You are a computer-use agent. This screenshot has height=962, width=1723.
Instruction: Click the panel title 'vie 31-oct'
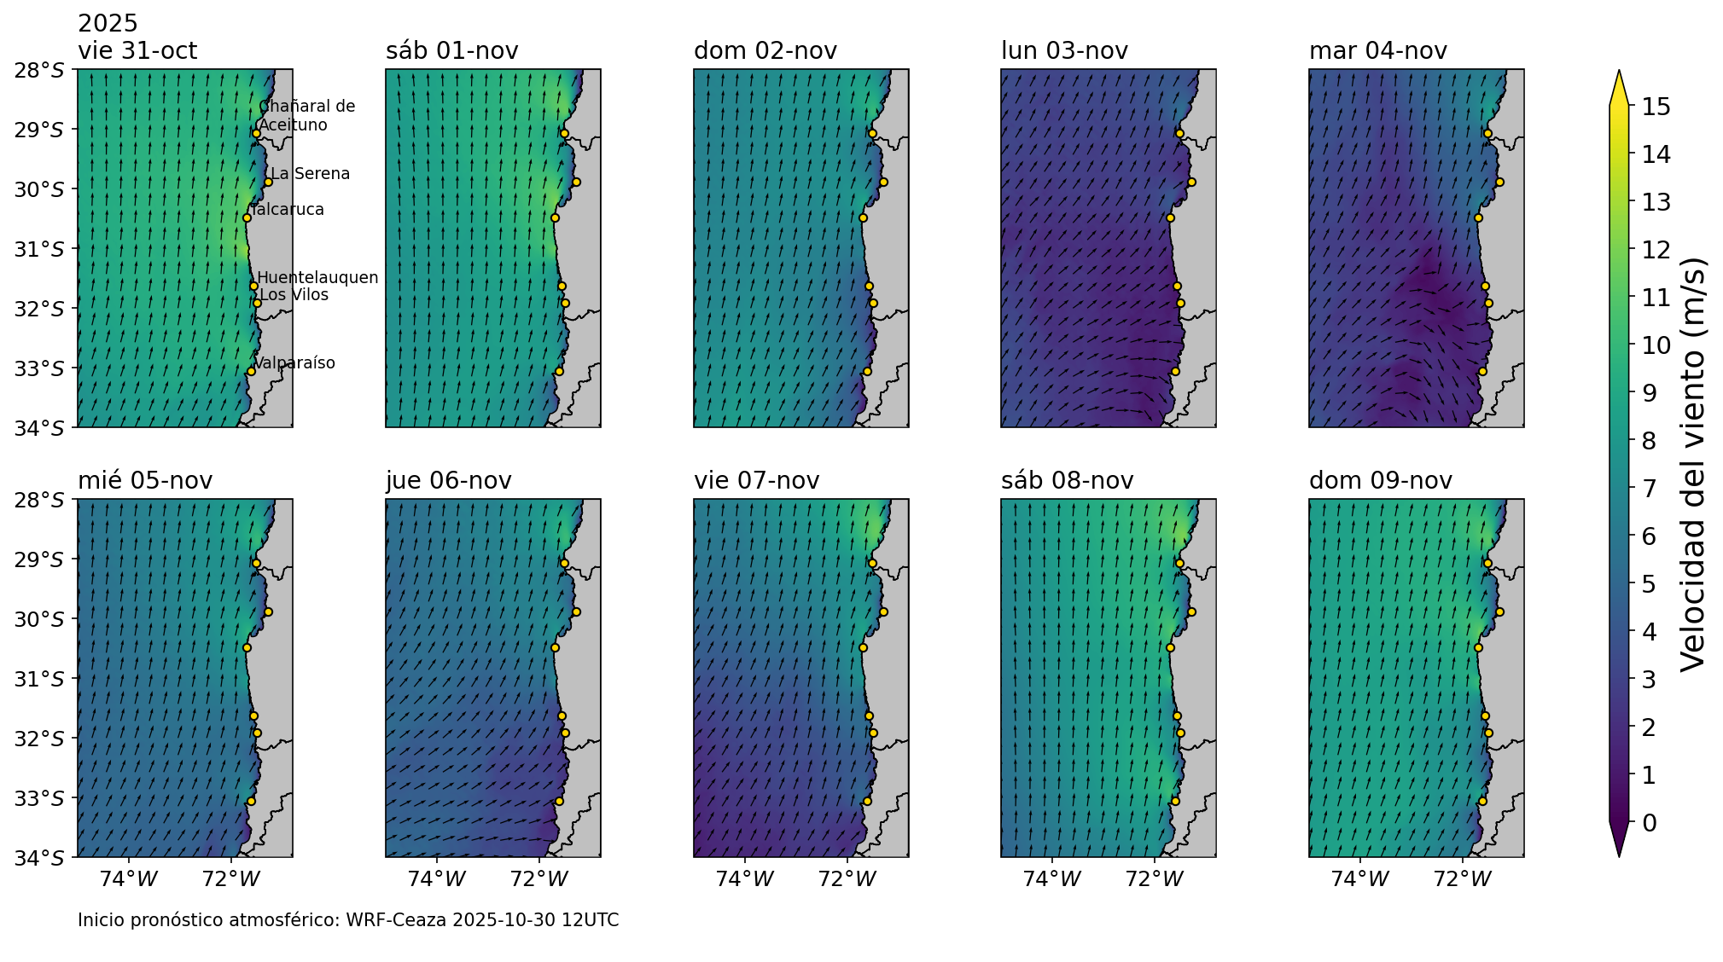tap(137, 51)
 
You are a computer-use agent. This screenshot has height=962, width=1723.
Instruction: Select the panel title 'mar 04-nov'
tap(1377, 51)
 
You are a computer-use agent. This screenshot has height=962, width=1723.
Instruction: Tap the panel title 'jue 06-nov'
tap(448, 481)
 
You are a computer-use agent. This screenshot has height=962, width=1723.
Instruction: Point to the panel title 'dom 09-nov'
tap(1380, 481)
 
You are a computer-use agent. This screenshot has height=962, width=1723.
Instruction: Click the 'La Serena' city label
tap(310, 174)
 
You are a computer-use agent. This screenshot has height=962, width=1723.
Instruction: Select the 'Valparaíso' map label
tap(294, 363)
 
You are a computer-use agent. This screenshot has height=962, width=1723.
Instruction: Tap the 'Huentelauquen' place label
tap(317, 278)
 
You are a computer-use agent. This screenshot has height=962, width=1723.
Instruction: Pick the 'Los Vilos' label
tap(294, 295)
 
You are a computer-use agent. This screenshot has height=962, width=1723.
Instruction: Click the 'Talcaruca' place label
tap(288, 210)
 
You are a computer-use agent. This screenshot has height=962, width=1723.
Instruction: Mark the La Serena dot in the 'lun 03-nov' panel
tap(1191, 182)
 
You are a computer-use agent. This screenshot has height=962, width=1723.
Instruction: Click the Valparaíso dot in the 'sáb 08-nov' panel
tap(1175, 801)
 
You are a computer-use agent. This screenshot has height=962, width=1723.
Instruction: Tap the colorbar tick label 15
tap(1650, 107)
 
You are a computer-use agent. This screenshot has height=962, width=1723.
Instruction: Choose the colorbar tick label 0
tap(1649, 823)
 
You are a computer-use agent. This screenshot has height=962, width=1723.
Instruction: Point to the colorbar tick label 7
tap(1649, 489)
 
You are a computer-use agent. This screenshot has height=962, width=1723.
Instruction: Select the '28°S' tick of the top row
tap(39, 70)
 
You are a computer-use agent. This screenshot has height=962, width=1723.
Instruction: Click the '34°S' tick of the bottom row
tap(39, 858)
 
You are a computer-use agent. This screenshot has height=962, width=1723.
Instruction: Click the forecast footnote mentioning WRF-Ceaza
tap(348, 920)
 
